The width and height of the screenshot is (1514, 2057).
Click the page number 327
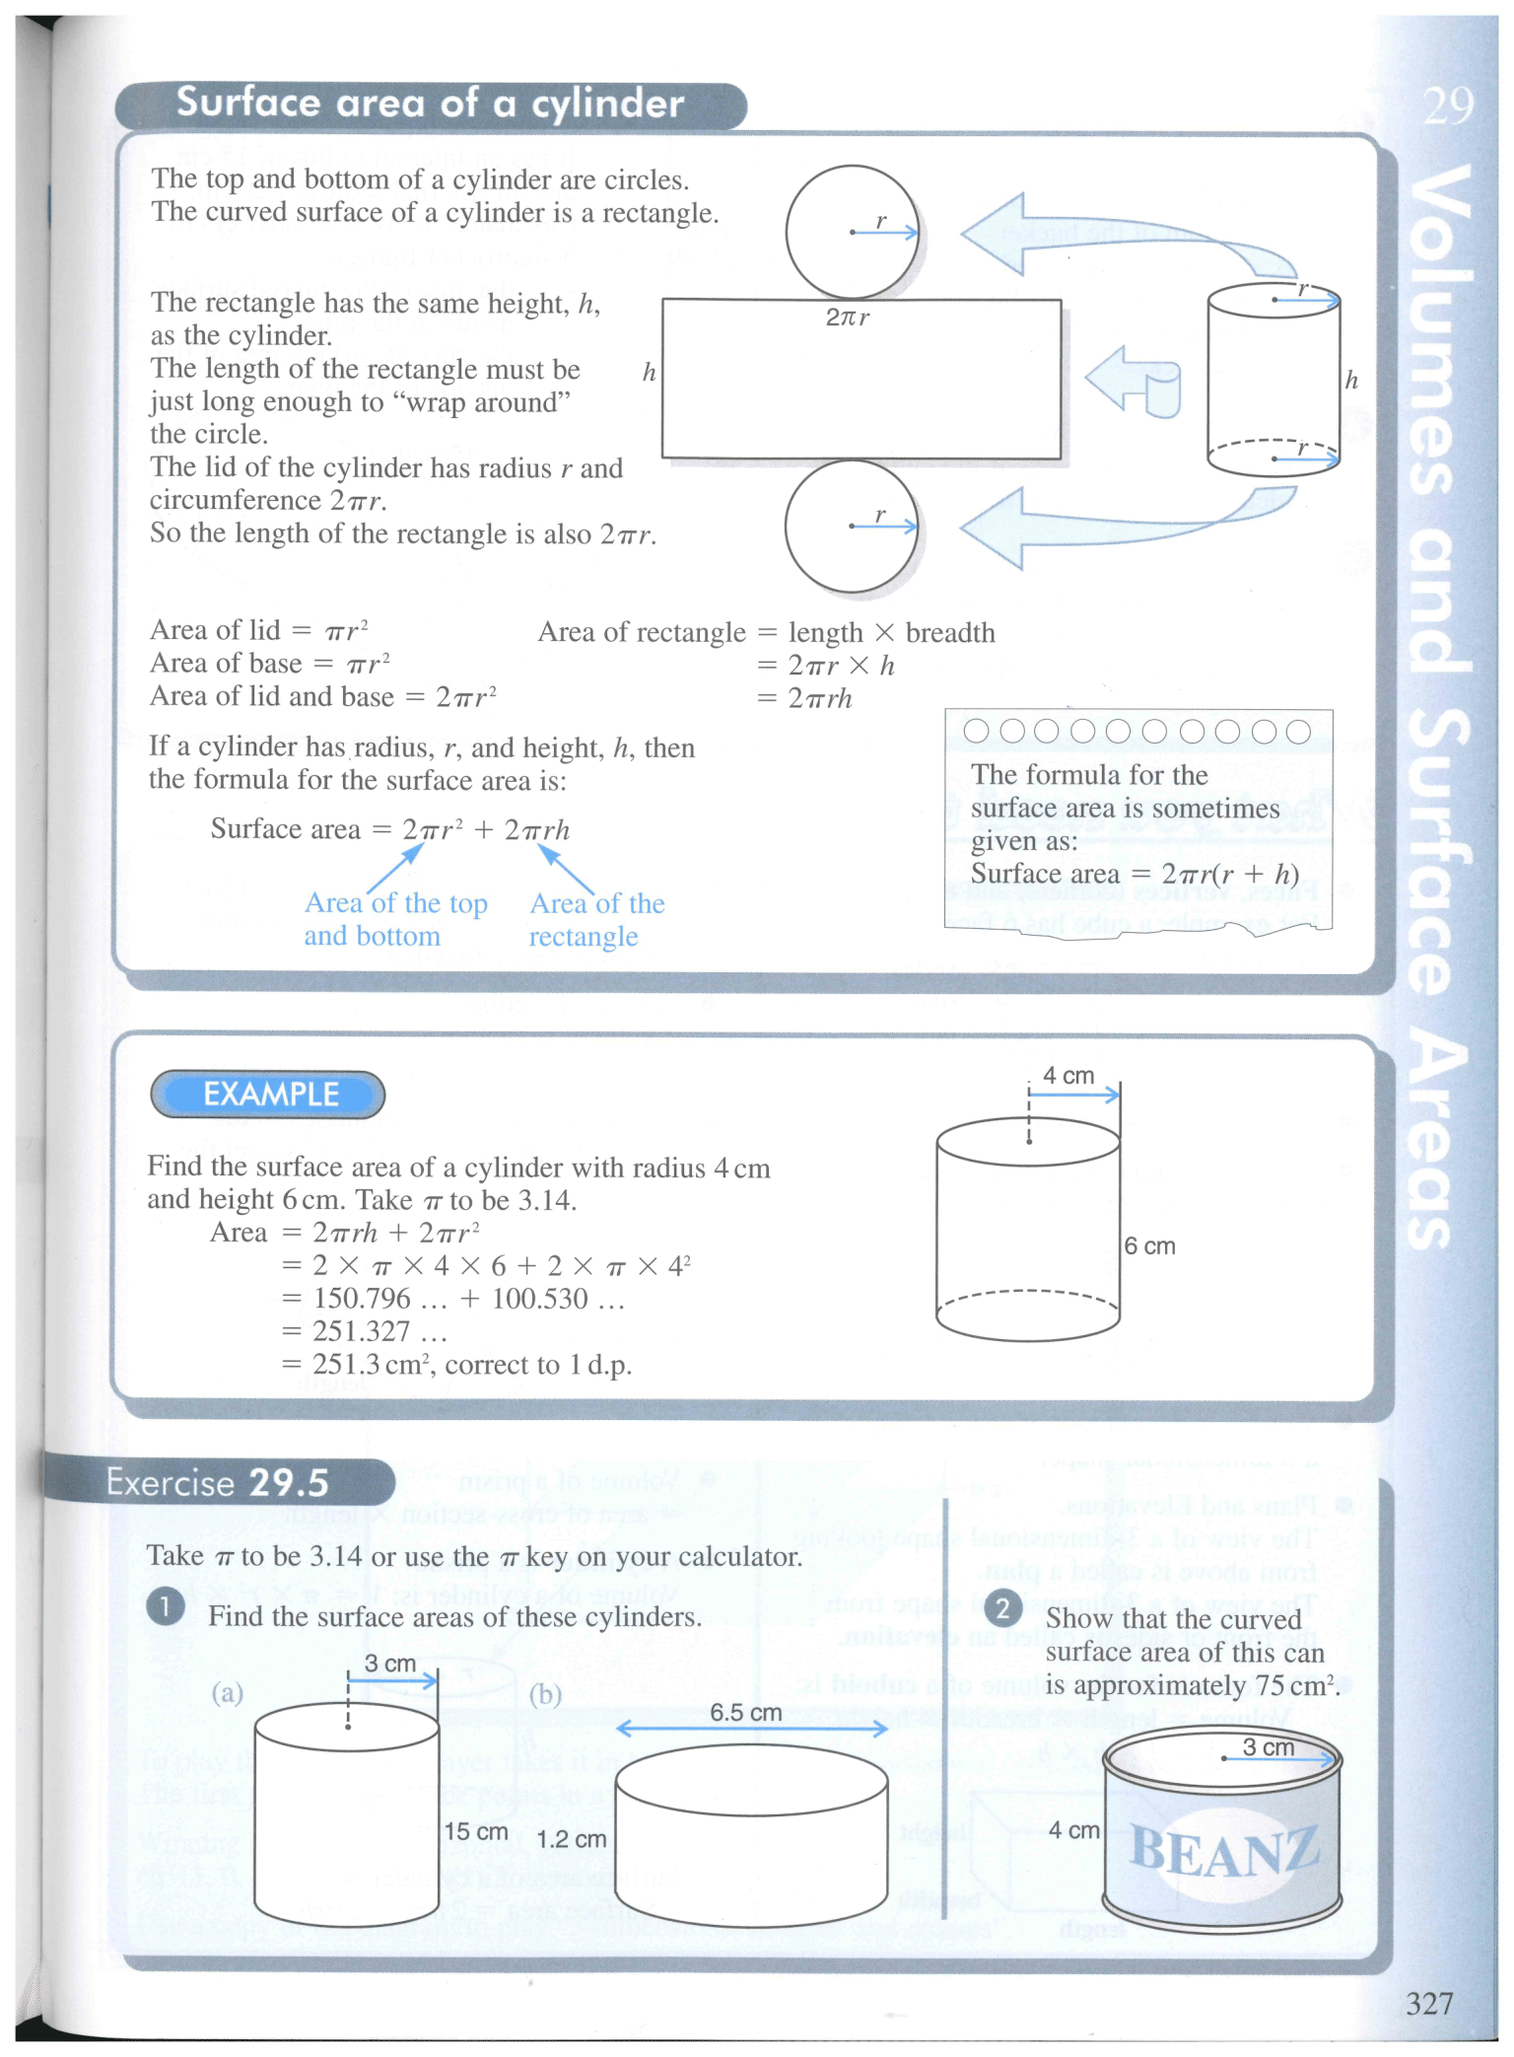[x=1428, y=2003]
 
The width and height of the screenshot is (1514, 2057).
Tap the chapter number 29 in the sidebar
[x=1447, y=106]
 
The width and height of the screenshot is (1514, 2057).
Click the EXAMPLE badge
[x=268, y=1095]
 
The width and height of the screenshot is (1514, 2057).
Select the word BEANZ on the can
[x=1223, y=1852]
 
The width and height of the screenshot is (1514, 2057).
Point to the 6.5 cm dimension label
[x=746, y=1713]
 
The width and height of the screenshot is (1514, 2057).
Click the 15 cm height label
[x=475, y=1831]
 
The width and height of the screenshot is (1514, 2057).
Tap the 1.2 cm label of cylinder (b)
[x=571, y=1839]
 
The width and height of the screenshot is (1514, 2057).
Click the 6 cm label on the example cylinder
[x=1149, y=1246]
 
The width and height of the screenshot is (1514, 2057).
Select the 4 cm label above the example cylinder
[x=1068, y=1076]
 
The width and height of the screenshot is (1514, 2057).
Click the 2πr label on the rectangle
[x=848, y=318]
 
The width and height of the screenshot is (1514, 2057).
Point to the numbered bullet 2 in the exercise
[x=1002, y=1609]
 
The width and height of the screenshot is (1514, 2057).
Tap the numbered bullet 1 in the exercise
[x=165, y=1607]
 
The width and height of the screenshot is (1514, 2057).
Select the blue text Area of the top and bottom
[x=394, y=920]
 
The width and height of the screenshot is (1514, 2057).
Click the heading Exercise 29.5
[x=217, y=1483]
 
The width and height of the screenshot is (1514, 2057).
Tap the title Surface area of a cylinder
[x=430, y=104]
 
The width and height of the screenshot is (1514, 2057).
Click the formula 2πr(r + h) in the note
[x=1229, y=875]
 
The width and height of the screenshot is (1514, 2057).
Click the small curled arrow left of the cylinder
[x=1134, y=381]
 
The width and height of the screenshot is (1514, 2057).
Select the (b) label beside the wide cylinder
[x=545, y=1694]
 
